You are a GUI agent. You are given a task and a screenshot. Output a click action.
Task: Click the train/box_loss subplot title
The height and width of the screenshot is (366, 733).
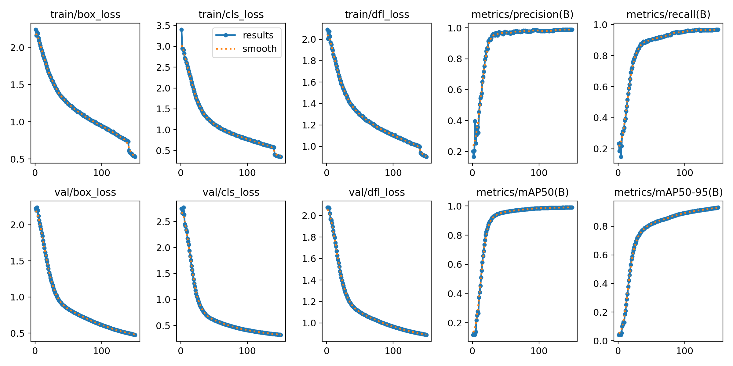85,15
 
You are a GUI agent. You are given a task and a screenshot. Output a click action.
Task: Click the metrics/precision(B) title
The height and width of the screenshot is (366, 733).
522,15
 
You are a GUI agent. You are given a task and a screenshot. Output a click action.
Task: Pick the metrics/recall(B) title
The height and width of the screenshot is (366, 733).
668,15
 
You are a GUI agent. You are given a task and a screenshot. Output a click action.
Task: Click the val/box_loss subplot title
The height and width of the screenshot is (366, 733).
85,192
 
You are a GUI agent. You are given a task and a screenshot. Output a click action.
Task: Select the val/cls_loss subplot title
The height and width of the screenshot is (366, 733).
231,192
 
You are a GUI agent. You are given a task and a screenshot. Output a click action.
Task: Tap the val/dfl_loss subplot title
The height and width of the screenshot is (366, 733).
377,192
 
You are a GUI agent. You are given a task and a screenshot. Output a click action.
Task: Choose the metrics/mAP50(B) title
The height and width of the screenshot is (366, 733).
522,192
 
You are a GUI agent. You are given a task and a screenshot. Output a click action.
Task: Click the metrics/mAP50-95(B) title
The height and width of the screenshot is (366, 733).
668,192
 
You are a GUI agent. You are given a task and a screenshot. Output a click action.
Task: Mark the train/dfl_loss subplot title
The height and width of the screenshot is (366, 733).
377,15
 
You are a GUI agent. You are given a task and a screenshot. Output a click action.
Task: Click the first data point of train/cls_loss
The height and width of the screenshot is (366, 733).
181,30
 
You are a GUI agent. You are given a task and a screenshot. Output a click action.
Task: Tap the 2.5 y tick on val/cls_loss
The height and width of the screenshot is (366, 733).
163,222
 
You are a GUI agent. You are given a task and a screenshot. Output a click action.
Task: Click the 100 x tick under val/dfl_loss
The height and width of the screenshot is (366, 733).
393,351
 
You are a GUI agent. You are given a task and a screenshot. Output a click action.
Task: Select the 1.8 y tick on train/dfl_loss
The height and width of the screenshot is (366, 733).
309,61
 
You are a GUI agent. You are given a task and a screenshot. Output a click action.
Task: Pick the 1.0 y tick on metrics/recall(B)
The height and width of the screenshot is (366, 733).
600,25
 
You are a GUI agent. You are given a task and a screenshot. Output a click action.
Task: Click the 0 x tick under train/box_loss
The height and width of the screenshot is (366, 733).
35,173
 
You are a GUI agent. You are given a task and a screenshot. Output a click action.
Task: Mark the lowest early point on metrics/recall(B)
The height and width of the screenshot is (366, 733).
621,157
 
